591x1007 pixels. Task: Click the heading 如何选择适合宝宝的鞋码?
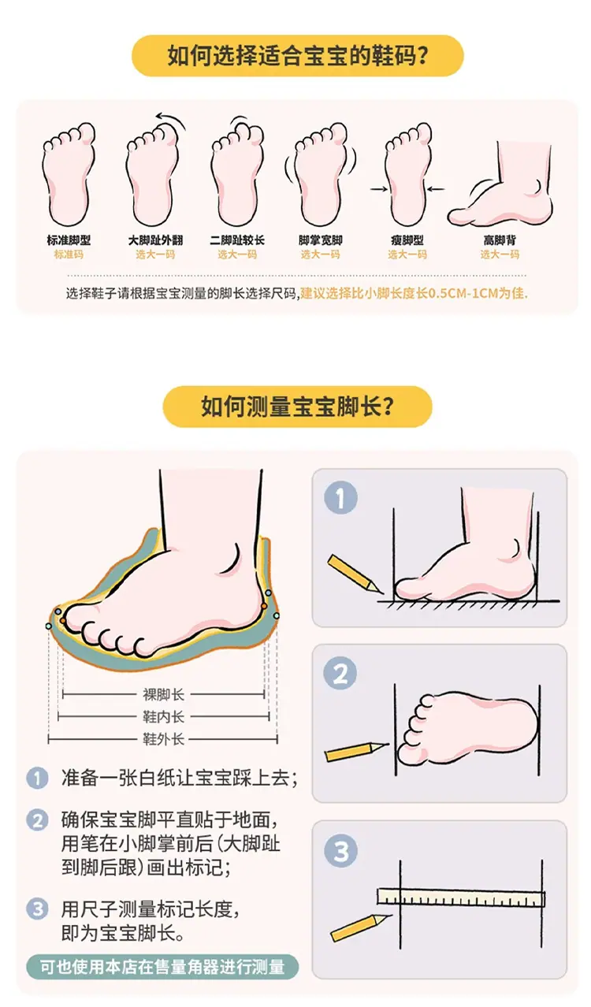(297, 56)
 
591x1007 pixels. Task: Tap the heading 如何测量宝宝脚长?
(297, 406)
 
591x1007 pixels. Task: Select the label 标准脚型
(69, 240)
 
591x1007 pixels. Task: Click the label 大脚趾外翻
(155, 240)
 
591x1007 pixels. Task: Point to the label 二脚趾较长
(237, 240)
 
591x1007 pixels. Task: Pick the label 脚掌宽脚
(321, 240)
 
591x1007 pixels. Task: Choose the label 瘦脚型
(407, 240)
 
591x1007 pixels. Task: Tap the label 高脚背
(500, 240)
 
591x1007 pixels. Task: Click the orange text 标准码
(69, 255)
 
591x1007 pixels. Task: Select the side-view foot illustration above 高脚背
(500, 184)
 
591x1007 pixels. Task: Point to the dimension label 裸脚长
(164, 695)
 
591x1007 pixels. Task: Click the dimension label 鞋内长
(164, 717)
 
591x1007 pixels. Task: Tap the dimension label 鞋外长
(164, 739)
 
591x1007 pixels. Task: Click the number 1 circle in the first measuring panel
(340, 498)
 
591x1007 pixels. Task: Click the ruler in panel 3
(461, 897)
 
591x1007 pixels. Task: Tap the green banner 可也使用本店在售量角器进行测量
(162, 967)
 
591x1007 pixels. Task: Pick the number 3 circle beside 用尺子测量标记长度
(37, 909)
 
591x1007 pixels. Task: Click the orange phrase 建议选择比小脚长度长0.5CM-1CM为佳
(414, 294)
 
